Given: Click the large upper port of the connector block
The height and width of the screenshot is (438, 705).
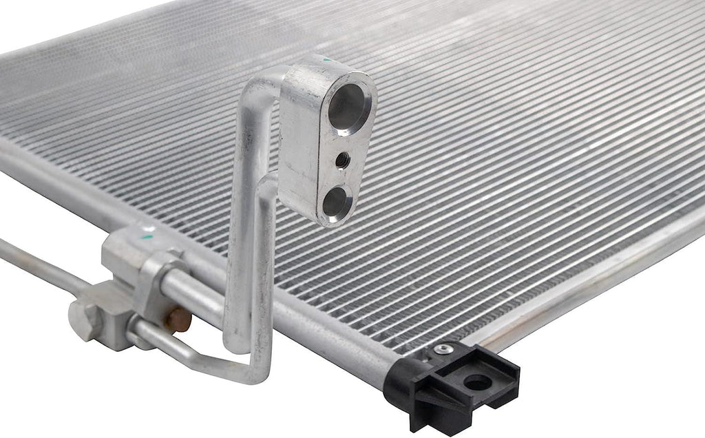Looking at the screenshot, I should (349, 107).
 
